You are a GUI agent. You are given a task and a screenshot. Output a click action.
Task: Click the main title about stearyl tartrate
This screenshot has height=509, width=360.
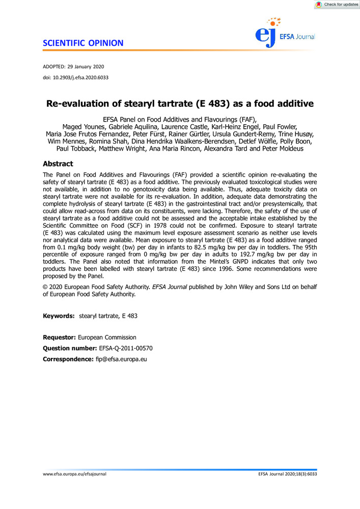[180, 104]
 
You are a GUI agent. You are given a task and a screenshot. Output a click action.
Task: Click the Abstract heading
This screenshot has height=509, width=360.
[58, 164]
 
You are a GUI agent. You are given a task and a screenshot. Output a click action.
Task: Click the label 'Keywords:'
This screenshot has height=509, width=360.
[59, 317]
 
